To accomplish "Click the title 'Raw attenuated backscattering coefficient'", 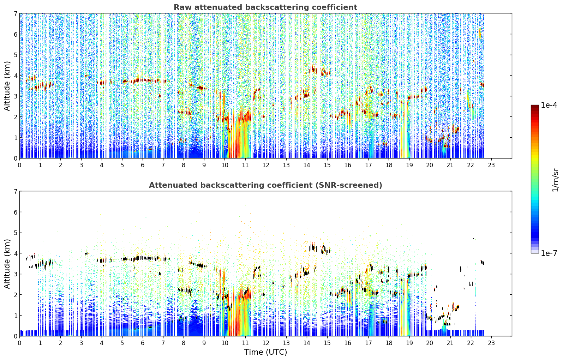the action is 265,7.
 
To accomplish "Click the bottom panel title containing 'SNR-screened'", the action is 265,185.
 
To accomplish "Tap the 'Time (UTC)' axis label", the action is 265,352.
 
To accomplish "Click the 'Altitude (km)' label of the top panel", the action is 7,86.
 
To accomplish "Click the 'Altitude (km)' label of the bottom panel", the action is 7,264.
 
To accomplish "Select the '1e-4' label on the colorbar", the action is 549,105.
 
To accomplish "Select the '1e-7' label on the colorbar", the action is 549,253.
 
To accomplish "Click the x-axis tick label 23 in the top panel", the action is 491,165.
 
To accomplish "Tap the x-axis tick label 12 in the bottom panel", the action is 266,343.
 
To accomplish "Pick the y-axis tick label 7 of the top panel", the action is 15,13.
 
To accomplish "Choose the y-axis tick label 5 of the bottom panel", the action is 15,233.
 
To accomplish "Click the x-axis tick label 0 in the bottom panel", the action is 20,343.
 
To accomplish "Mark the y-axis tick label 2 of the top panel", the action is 15,117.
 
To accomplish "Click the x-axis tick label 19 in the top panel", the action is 409,165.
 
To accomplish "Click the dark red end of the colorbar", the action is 535,106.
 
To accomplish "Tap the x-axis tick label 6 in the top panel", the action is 143,165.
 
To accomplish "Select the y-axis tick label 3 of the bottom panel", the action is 15,274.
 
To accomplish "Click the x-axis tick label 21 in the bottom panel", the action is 450,343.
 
